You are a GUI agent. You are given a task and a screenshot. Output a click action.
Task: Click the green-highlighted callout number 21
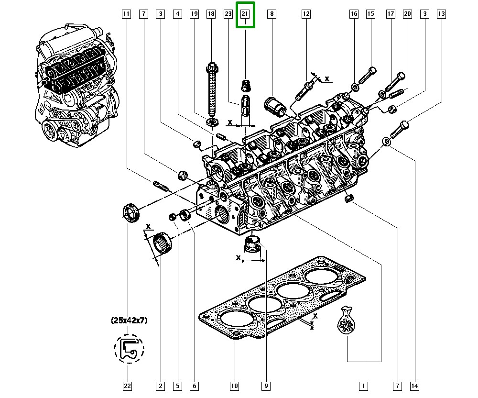[245, 14]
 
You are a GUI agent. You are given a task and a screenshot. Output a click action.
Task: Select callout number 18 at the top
[211, 14]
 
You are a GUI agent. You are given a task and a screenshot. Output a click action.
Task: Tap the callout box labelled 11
[126, 14]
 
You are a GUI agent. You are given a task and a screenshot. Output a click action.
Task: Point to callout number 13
[441, 14]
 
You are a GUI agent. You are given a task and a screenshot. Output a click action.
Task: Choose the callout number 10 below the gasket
[234, 385]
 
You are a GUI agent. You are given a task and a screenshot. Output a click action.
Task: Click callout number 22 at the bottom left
[128, 385]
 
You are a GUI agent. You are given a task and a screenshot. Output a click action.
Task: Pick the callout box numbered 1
[363, 385]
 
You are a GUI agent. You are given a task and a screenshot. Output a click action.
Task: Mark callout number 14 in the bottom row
[414, 385]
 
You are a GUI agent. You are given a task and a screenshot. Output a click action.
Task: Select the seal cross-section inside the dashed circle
[129, 348]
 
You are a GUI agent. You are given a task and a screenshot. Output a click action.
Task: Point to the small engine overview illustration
[76, 86]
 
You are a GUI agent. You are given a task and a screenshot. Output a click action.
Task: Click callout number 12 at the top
[305, 14]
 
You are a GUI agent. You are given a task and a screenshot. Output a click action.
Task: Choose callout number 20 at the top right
[407, 14]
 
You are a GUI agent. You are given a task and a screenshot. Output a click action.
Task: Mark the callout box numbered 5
[177, 385]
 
